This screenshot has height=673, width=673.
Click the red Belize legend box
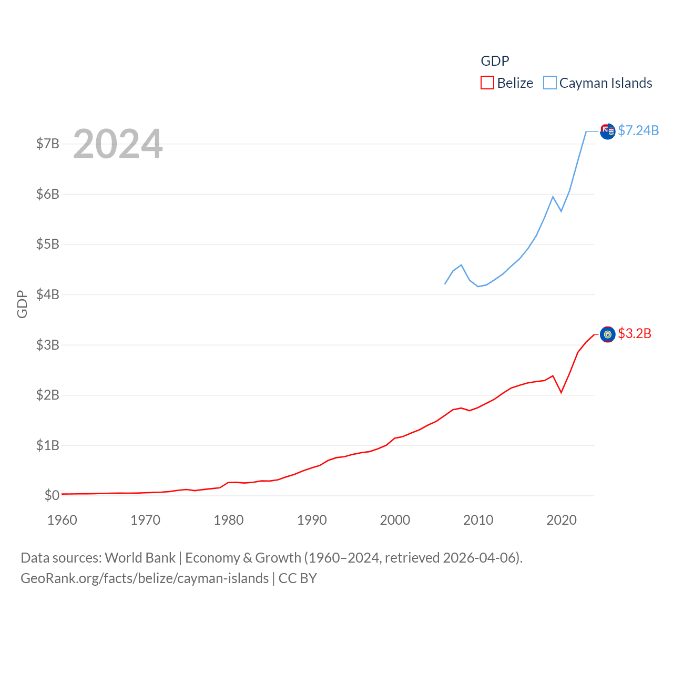(x=487, y=83)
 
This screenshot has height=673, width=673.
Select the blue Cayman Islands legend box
(x=550, y=83)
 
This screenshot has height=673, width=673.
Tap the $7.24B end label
(x=638, y=130)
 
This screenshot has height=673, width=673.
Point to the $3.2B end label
(x=635, y=333)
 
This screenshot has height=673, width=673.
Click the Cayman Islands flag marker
(x=608, y=131)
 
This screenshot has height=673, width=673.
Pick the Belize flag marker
(x=608, y=334)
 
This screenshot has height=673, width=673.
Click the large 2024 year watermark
(x=118, y=144)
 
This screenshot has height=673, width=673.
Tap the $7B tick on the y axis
(x=47, y=144)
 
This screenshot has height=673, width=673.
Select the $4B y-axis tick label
(x=47, y=294)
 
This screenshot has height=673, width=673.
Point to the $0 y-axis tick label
(x=52, y=495)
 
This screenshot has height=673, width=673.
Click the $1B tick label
(x=47, y=445)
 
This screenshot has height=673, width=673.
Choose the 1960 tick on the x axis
(x=62, y=520)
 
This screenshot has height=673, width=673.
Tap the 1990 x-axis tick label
(x=312, y=520)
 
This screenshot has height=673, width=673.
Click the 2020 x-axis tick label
(x=562, y=520)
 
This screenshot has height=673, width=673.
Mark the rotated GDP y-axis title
(x=22, y=304)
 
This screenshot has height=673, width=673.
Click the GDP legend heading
(x=495, y=61)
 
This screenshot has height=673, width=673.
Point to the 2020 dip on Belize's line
(x=562, y=392)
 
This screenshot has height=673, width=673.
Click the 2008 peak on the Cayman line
(x=461, y=265)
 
